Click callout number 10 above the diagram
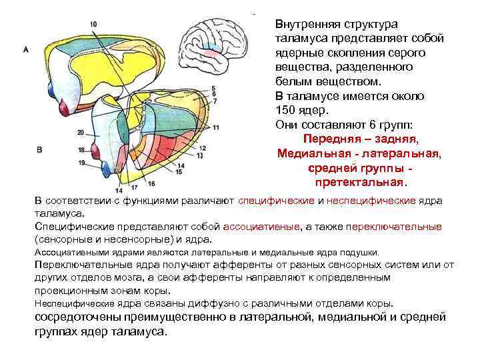point(93,25)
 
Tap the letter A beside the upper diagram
point(25,49)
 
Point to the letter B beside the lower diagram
point(39,150)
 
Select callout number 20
point(80,132)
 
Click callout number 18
point(80,150)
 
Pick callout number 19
point(80,162)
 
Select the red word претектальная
point(358,181)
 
